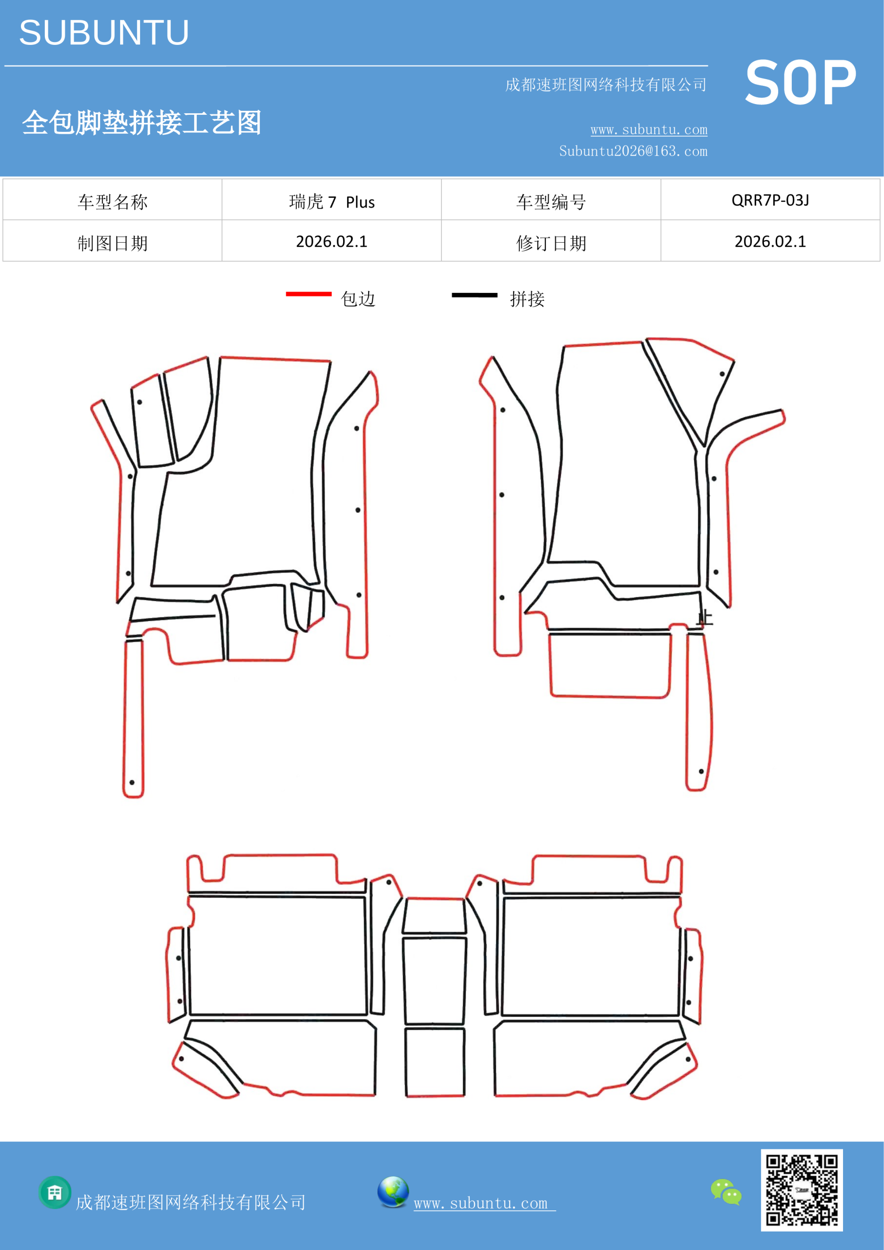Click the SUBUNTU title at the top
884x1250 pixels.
pos(104,33)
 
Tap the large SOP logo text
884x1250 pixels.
pos(800,83)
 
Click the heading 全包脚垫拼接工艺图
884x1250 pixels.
pos(142,123)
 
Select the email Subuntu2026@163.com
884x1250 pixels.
pos(633,151)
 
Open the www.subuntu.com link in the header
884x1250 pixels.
pos(649,129)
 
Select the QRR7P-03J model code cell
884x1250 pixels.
pos(770,200)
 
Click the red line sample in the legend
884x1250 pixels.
pos(308,294)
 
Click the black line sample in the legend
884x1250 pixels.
pos(474,295)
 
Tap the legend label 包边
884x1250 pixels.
pos(358,299)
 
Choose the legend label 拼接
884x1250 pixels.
pos(527,299)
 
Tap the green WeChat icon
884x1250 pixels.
pos(726,1191)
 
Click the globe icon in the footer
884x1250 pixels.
pos(393,1192)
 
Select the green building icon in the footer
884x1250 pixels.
pos(55,1192)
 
